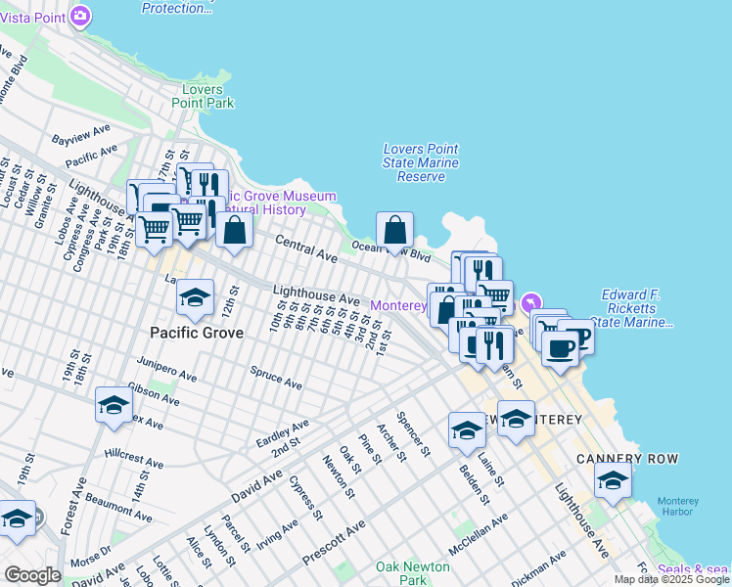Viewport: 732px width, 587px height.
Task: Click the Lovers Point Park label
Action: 203,96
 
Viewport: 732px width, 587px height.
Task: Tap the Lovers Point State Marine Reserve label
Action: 421,162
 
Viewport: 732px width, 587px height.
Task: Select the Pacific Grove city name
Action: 196,332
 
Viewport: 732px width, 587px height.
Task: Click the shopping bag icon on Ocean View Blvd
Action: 394,231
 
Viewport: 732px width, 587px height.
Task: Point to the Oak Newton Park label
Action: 413,573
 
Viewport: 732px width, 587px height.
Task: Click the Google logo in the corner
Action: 31,575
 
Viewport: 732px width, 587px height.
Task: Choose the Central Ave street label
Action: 306,249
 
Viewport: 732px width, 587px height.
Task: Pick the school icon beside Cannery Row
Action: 614,480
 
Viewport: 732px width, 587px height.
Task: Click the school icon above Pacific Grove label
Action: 195,297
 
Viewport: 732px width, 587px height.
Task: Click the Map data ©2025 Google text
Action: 671,579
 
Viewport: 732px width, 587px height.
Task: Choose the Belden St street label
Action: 473,478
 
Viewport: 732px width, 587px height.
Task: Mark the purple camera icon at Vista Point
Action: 80,17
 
